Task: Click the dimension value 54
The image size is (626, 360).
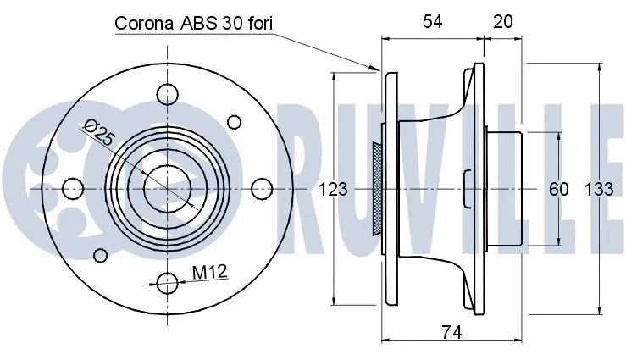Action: pos(432,23)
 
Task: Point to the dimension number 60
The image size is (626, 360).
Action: pos(558,190)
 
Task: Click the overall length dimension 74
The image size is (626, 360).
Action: pos(452,334)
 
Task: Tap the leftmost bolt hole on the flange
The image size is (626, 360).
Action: pos(73,186)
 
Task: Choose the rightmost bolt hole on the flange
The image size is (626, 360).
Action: pos(262,186)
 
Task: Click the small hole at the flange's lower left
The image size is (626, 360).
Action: pos(101,254)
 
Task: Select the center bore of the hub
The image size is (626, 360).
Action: pos(167,186)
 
